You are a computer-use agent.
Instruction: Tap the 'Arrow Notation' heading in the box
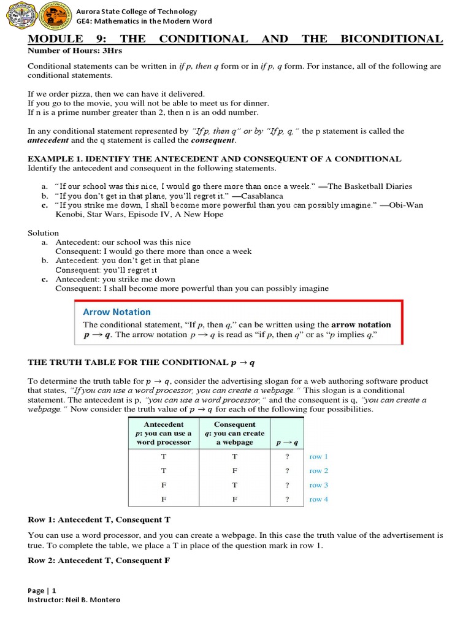[x=117, y=312]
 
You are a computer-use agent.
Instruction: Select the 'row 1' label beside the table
[x=319, y=456]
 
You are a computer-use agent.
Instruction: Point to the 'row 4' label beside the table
[x=319, y=499]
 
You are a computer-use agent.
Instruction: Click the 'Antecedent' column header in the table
[x=163, y=424]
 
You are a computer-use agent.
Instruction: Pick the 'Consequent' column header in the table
[x=235, y=424]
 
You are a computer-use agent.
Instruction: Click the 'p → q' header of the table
[x=286, y=442]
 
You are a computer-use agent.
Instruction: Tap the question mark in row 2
[x=286, y=470]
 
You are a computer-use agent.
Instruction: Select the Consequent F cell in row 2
[x=235, y=470]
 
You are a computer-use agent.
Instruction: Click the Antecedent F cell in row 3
[x=163, y=485]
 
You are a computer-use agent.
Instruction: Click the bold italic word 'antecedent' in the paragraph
[x=48, y=140]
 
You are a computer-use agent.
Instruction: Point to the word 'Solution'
[x=44, y=233]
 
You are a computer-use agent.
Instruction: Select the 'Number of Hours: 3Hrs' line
[x=67, y=51]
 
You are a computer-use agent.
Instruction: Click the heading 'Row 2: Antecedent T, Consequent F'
[x=99, y=561]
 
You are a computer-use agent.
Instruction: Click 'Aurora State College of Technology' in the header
[x=136, y=12]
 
